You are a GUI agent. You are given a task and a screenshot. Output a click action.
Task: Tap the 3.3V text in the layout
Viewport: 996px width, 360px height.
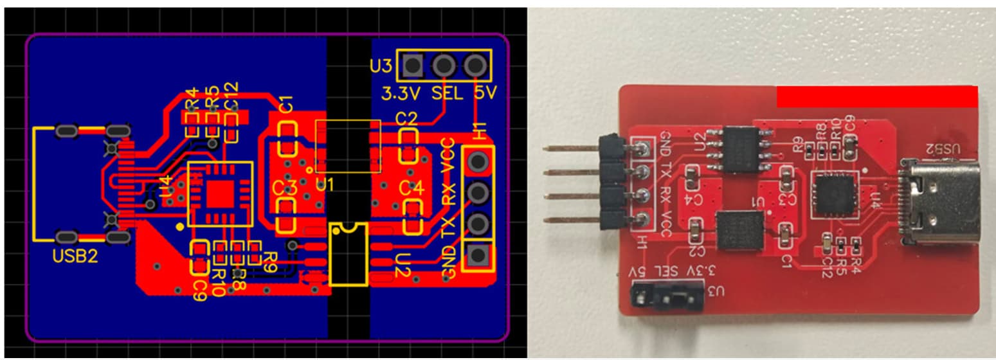401,93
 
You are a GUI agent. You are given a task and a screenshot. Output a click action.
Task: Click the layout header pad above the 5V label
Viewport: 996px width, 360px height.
475,65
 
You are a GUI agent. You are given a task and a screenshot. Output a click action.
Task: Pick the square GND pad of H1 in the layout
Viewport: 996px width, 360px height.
477,255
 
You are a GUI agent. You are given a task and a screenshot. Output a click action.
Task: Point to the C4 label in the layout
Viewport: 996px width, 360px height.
411,189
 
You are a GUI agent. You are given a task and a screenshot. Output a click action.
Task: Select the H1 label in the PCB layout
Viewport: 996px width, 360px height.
480,132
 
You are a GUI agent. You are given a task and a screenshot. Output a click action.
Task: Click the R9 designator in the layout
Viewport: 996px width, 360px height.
269,260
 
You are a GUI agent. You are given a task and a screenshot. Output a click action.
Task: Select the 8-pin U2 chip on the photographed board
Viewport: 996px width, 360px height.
739,148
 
